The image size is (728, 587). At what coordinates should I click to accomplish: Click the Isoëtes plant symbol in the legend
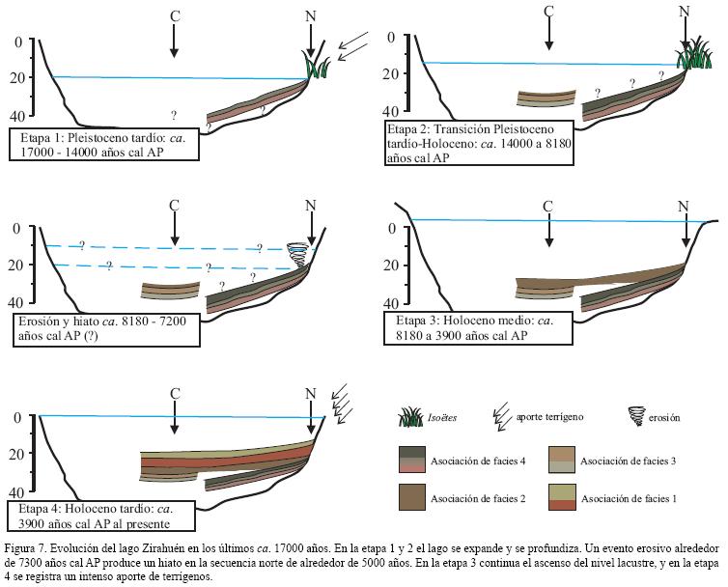(412, 417)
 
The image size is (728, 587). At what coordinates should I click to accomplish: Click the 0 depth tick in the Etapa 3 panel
(379, 228)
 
